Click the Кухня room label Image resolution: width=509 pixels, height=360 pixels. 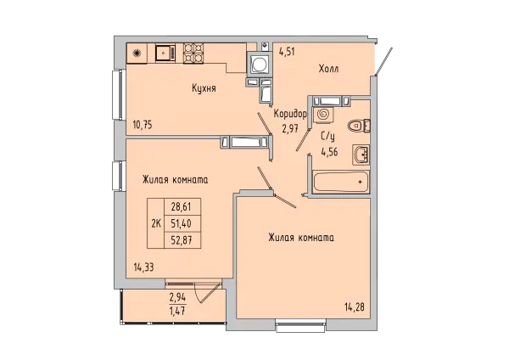click(204, 88)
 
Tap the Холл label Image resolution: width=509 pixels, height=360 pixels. click(328, 69)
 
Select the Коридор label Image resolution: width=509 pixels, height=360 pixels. click(290, 115)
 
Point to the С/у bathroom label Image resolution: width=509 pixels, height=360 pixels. click(327, 138)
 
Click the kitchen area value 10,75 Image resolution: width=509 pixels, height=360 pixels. click(143, 125)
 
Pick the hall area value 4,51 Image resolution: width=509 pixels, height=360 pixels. click(287, 51)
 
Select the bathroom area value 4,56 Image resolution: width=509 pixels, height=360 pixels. click(329, 152)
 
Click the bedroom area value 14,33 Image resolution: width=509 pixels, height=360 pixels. click(143, 267)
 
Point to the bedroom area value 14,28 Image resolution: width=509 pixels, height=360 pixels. click(355, 307)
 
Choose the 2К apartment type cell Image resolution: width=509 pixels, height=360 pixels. click(156, 223)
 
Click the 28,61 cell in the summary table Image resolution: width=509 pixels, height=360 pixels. click(182, 206)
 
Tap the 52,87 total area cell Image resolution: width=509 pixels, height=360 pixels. click(182, 240)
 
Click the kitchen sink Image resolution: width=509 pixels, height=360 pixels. click(165, 53)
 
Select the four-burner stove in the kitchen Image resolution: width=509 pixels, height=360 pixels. click(193, 53)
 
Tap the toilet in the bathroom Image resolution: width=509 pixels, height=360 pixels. click(359, 126)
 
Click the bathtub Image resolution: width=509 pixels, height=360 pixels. click(341, 183)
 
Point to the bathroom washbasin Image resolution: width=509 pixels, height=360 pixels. click(361, 155)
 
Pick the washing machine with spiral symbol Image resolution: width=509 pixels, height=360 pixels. click(323, 115)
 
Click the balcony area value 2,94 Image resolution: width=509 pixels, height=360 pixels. click(177, 297)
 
